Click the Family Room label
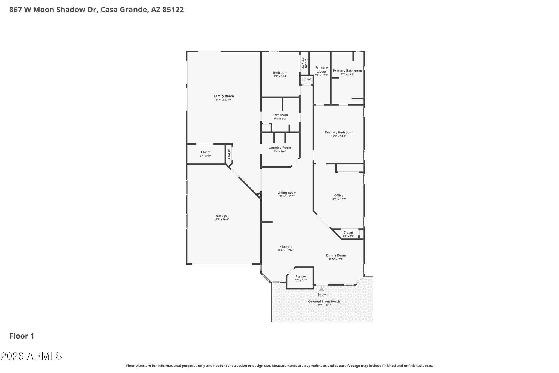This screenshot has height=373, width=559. pyautogui.click(x=224, y=96)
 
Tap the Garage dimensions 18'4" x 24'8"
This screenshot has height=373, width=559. pyautogui.click(x=221, y=219)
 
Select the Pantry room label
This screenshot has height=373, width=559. pyautogui.click(x=301, y=277)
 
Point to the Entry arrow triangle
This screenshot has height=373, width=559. pyautogui.click(x=322, y=289)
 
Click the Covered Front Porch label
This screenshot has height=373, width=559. pyautogui.click(x=324, y=302)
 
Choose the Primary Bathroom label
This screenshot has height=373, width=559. pyautogui.click(x=347, y=71)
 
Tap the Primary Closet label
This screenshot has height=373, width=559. pyautogui.click(x=321, y=70)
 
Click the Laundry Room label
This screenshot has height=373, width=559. pyautogui.click(x=280, y=148)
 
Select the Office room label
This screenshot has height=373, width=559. pyautogui.click(x=339, y=195)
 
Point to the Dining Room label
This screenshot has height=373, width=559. pyautogui.click(x=336, y=255)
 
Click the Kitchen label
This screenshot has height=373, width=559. pyautogui.click(x=286, y=247)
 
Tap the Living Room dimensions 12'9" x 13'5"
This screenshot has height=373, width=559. pyautogui.click(x=287, y=196)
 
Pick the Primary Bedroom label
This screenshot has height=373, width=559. pyautogui.click(x=338, y=132)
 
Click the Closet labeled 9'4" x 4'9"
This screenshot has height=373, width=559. pyautogui.click(x=206, y=152)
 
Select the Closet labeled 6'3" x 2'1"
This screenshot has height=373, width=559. pyautogui.click(x=348, y=233)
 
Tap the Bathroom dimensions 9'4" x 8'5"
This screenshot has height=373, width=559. pyautogui.click(x=280, y=119)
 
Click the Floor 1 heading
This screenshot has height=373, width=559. pyautogui.click(x=22, y=336)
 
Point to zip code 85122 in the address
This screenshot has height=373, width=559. pyautogui.click(x=173, y=10)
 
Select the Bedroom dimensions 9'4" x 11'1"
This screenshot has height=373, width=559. pyautogui.click(x=280, y=77)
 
